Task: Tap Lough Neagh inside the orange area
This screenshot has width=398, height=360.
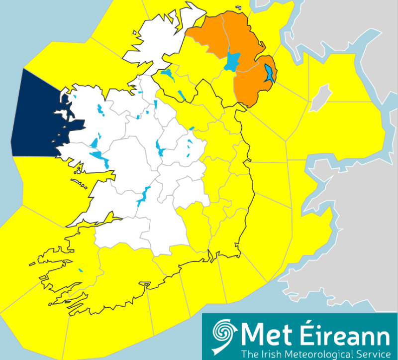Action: (232, 62)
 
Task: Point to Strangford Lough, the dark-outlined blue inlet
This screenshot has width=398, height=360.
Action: (269, 74)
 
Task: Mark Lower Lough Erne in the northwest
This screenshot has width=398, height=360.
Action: (167, 76)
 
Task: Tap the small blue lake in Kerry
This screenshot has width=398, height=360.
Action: (81, 271)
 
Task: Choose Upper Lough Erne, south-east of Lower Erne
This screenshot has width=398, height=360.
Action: (181, 94)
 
